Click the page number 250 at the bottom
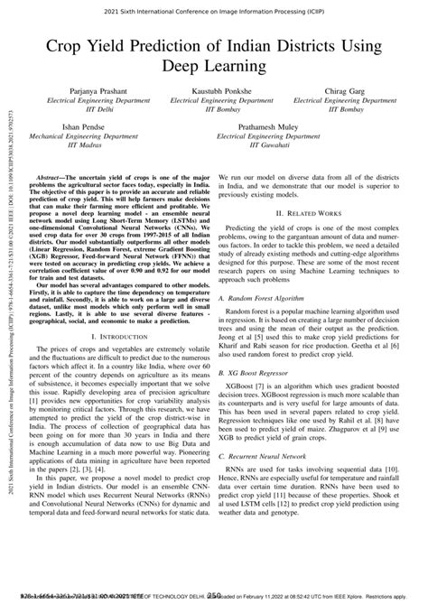[x=214, y=596]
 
